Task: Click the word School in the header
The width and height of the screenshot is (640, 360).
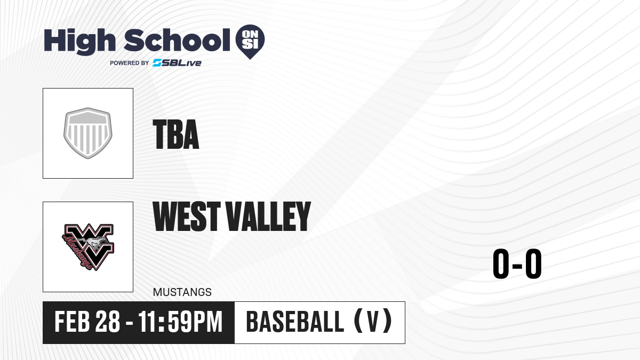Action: pos(177,39)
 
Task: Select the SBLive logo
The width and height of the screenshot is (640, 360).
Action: pos(177,63)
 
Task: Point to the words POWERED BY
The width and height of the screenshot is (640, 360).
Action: pos(130,63)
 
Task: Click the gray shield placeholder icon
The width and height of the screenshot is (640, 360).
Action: pos(88,133)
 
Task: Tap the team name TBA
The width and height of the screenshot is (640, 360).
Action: pos(175,134)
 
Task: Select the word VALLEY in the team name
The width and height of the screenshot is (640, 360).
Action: pos(268,216)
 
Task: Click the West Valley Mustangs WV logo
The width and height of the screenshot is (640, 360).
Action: pos(88,247)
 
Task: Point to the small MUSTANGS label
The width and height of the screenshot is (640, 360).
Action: pos(182,292)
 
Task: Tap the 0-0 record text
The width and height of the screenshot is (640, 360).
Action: pos(517,263)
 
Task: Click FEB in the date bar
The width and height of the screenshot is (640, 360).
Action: pos(73,322)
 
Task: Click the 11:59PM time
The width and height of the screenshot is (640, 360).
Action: pos(180,322)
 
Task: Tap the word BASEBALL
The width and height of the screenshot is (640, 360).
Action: pos(295,322)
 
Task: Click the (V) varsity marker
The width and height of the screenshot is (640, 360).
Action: pos(373,321)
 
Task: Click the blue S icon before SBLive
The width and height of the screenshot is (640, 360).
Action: pos(157,63)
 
